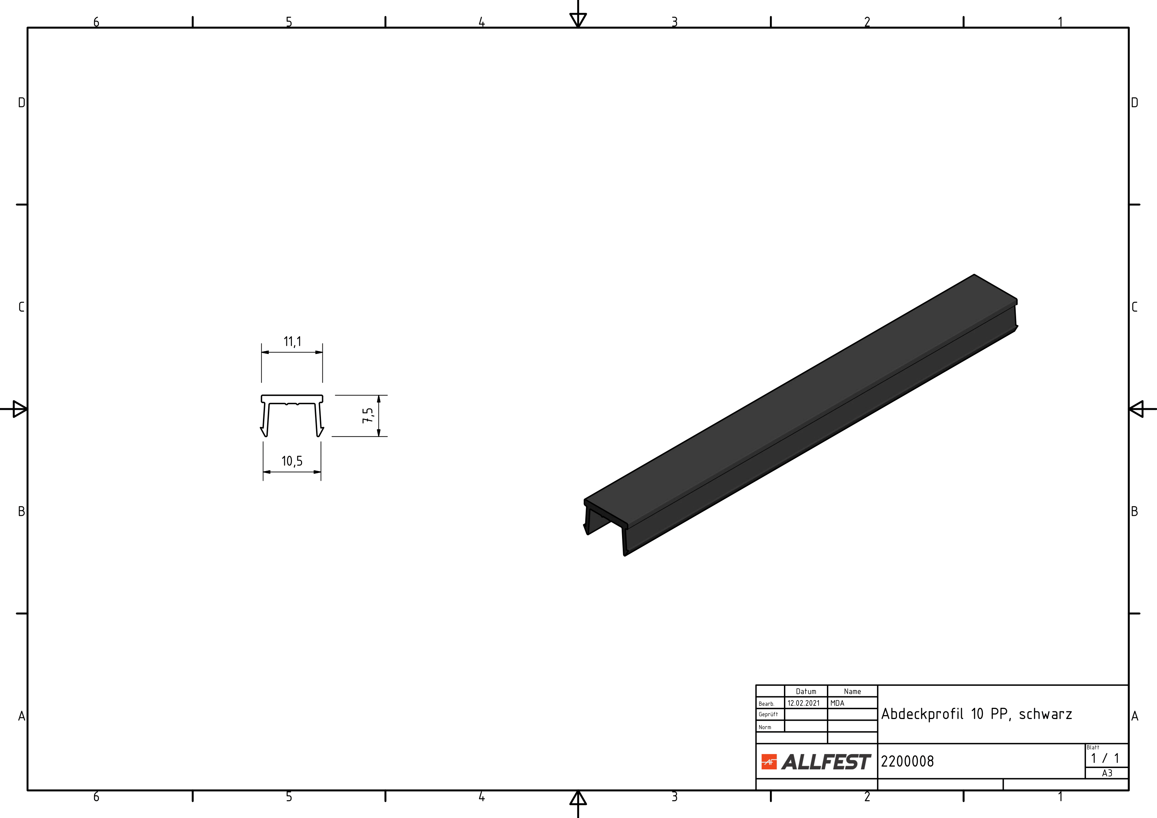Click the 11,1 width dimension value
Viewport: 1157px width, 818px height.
coord(292,342)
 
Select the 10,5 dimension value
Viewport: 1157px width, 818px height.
coord(292,461)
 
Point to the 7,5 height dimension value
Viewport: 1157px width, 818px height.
coord(368,415)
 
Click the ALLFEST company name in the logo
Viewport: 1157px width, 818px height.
coord(826,762)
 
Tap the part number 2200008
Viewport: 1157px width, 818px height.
coord(907,761)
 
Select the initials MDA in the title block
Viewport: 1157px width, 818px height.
coord(837,703)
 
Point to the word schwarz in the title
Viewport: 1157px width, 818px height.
coord(1045,714)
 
